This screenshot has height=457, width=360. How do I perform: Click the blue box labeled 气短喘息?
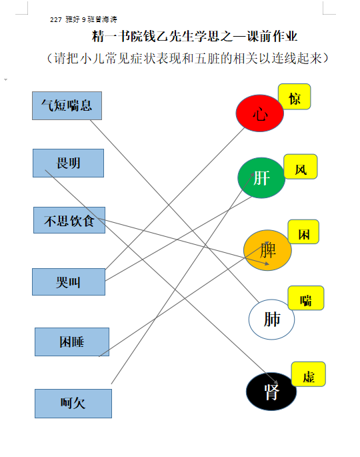(x=67, y=106)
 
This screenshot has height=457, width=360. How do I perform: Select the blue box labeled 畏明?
(x=68, y=163)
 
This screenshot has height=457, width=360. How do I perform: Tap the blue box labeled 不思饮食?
(x=69, y=220)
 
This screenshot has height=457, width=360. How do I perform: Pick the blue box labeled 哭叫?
(x=69, y=282)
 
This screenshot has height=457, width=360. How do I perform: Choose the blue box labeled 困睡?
(x=72, y=342)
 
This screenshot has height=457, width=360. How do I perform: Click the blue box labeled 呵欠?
(x=73, y=404)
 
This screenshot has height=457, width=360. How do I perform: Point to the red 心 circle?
(x=260, y=113)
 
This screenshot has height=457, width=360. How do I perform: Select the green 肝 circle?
(x=261, y=177)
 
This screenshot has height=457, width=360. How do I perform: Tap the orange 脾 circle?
(x=267, y=250)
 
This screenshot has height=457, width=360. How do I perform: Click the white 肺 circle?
(x=271, y=320)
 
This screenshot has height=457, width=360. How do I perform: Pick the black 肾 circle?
(x=271, y=392)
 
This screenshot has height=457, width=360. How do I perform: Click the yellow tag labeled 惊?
(x=295, y=97)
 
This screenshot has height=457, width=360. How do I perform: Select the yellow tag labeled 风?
(x=301, y=166)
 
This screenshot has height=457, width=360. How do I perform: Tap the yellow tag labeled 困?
(x=303, y=232)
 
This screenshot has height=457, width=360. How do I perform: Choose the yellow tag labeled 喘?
(x=306, y=298)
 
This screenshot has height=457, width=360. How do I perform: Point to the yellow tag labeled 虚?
(x=309, y=374)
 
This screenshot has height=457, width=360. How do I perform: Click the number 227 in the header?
(x=56, y=20)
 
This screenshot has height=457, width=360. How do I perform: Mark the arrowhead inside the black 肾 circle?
(x=275, y=381)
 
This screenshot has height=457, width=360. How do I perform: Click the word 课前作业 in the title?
(x=272, y=37)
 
